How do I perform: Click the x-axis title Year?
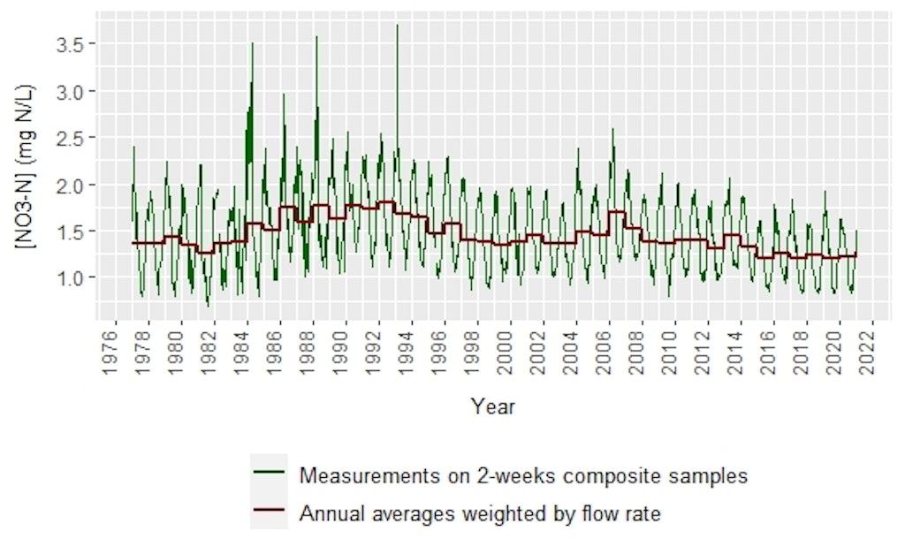tap(492, 407)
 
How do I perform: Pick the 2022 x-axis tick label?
tap(873, 353)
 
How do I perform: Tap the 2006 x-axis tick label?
tap(610, 353)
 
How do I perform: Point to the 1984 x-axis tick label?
tap(247, 353)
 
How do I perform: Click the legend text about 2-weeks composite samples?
tap(523, 475)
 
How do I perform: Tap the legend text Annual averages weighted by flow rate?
tap(480, 513)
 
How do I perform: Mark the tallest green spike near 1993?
tap(397, 25)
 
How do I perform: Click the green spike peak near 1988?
tap(316, 37)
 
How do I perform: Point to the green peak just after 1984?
tap(252, 43)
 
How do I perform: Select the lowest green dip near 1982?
tap(209, 306)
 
